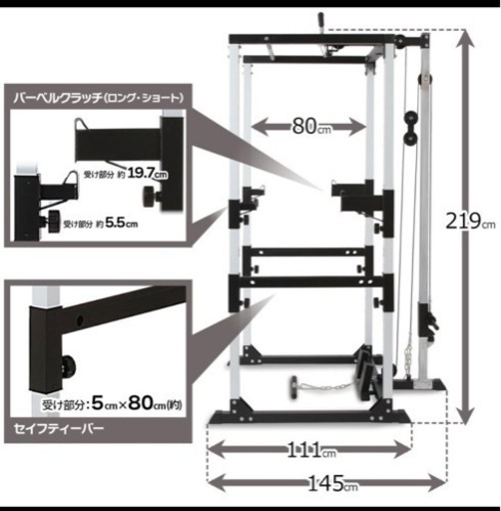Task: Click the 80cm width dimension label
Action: [x=311, y=127]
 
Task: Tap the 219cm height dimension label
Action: [x=470, y=222]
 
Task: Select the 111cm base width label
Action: [x=311, y=450]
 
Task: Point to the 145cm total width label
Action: [x=333, y=484]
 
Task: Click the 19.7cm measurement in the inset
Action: [x=147, y=174]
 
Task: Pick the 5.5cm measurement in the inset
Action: [x=121, y=223]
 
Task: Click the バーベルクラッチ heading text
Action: [x=58, y=98]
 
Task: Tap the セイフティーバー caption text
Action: [x=59, y=428]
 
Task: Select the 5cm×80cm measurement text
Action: [x=137, y=403]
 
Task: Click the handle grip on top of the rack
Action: [x=320, y=22]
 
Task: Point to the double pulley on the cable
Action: [x=411, y=128]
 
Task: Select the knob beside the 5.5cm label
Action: [x=52, y=221]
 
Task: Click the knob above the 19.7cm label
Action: [x=150, y=197]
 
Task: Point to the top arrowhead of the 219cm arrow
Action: [x=465, y=38]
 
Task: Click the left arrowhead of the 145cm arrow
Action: [x=217, y=483]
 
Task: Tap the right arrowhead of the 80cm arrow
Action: [x=357, y=127]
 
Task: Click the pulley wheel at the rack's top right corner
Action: [x=399, y=42]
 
